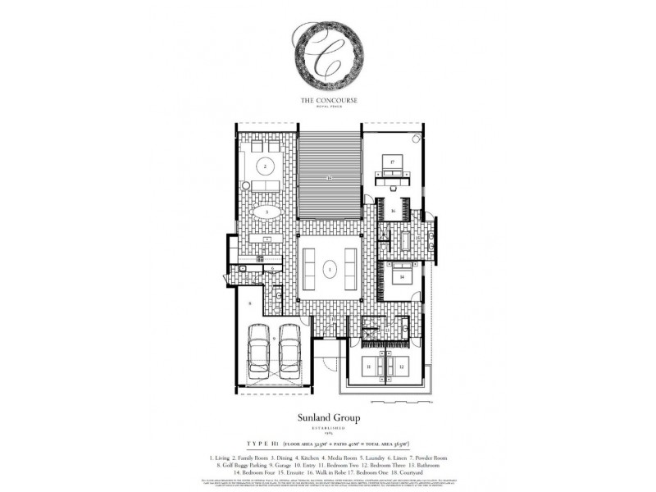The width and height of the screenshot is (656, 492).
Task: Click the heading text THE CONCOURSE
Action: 327,100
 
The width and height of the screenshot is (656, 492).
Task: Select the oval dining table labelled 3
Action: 266,212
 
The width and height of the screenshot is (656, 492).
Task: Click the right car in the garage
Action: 289,352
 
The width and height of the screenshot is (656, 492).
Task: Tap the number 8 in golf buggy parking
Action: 247,304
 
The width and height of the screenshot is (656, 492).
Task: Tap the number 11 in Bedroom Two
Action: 369,367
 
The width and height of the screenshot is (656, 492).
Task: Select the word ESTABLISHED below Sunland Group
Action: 327,428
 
